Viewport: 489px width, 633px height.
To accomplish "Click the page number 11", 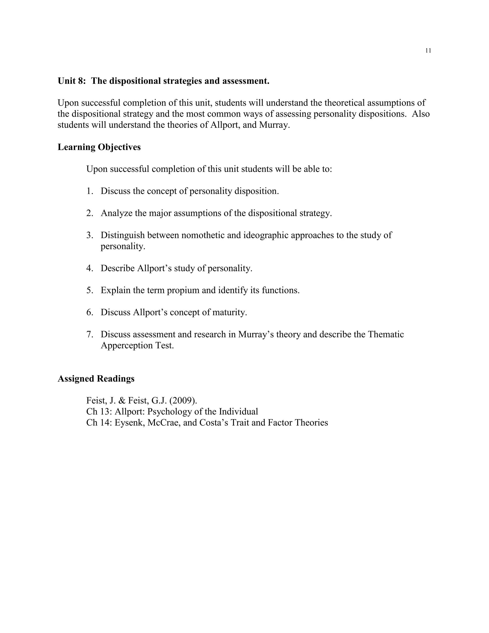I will [428, 51].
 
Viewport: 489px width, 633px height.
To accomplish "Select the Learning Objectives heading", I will [99, 147].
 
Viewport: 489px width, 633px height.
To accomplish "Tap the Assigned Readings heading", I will [96, 379].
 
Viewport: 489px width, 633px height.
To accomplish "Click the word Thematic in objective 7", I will [386, 334].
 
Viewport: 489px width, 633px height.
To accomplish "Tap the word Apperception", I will [127, 345].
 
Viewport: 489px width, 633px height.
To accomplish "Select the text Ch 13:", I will [99, 412].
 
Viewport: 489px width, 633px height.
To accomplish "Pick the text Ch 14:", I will [99, 423].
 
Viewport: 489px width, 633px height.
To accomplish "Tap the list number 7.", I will [90, 334].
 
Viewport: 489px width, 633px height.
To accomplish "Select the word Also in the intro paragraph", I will [421, 114].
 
